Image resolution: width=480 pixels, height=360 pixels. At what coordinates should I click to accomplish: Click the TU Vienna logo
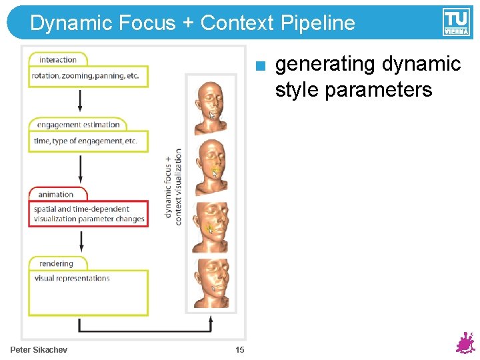[456, 22]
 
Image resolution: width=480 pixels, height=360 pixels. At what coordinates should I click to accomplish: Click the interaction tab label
[57, 60]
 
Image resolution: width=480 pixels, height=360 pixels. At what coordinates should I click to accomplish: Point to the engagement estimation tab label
[78, 125]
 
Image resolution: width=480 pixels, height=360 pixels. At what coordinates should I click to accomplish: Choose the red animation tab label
[56, 194]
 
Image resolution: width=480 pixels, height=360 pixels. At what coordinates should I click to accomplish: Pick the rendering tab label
[56, 263]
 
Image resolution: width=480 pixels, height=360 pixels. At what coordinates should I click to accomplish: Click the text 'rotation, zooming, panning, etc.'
[85, 76]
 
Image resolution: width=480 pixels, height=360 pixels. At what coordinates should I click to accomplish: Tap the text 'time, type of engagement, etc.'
[85, 141]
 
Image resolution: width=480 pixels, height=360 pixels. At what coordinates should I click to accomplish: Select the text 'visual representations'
[72, 279]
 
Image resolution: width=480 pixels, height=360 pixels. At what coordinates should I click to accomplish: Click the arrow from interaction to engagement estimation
[81, 99]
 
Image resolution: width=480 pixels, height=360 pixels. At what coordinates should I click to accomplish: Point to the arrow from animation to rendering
[81, 239]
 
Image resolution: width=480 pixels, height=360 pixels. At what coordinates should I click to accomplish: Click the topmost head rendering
[210, 104]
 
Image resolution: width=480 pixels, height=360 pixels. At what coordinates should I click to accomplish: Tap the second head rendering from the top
[210, 164]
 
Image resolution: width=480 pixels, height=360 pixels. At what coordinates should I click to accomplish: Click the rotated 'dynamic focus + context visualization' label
[173, 186]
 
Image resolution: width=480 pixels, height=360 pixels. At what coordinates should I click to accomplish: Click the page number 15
[240, 350]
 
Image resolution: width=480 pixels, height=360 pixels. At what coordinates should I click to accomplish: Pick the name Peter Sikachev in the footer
[39, 350]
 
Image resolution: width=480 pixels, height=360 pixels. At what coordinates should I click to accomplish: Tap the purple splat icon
[464, 343]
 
